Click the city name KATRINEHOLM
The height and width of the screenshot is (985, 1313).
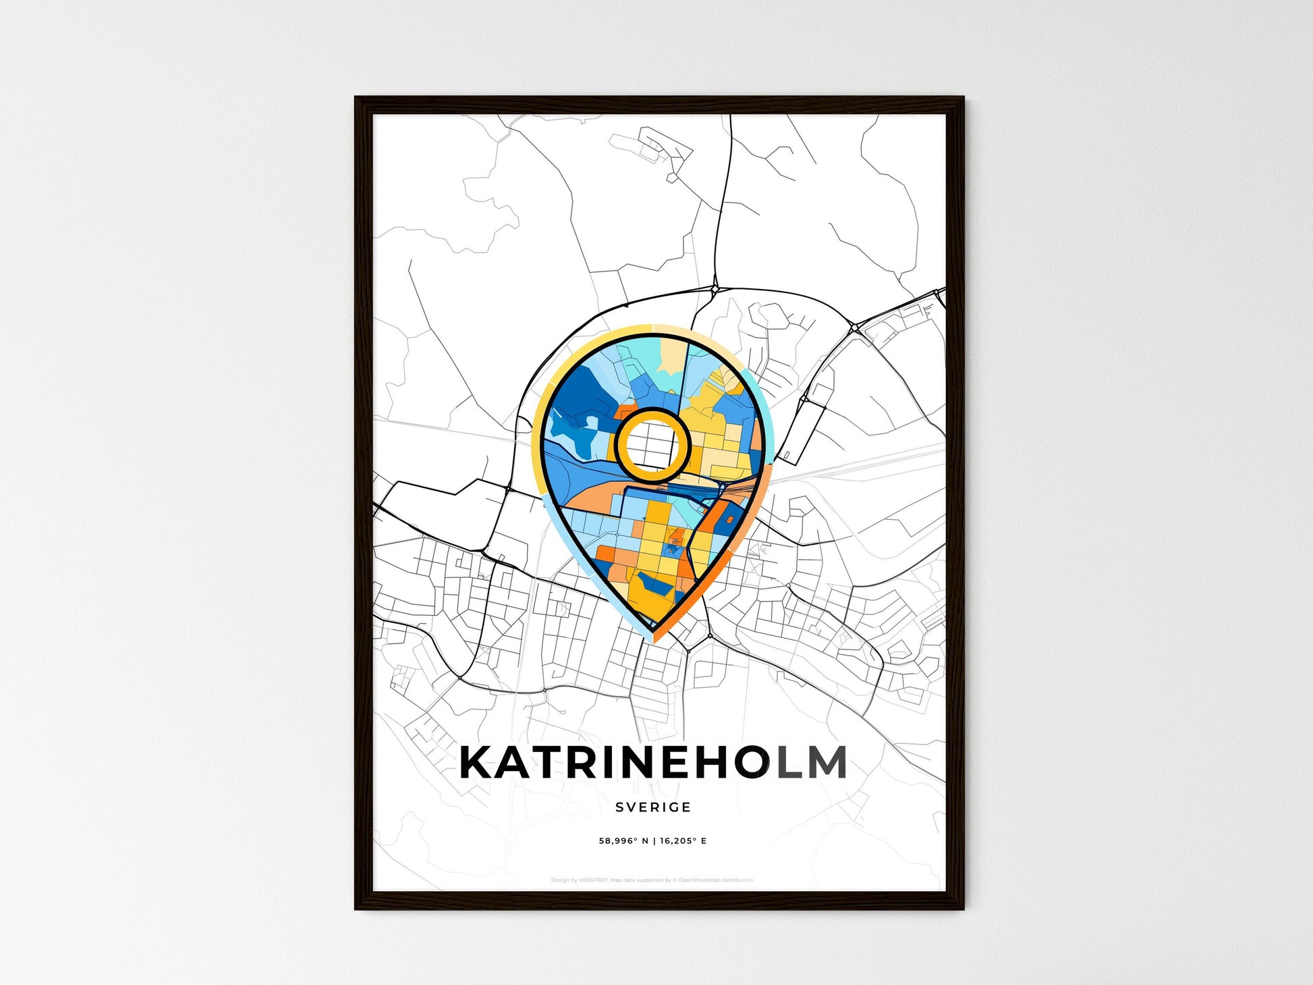(x=653, y=763)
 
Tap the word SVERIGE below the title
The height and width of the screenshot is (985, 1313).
(x=653, y=807)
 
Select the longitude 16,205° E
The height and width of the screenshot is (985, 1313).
(x=683, y=841)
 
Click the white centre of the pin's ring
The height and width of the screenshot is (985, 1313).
(x=652, y=445)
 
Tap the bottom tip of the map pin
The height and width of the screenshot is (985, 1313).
(x=653, y=639)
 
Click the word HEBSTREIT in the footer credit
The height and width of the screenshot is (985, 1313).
(x=593, y=880)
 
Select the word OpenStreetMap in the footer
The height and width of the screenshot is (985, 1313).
(x=698, y=880)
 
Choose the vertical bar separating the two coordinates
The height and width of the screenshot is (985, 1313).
(x=654, y=841)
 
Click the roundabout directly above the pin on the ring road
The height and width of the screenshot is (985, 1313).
(x=715, y=290)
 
